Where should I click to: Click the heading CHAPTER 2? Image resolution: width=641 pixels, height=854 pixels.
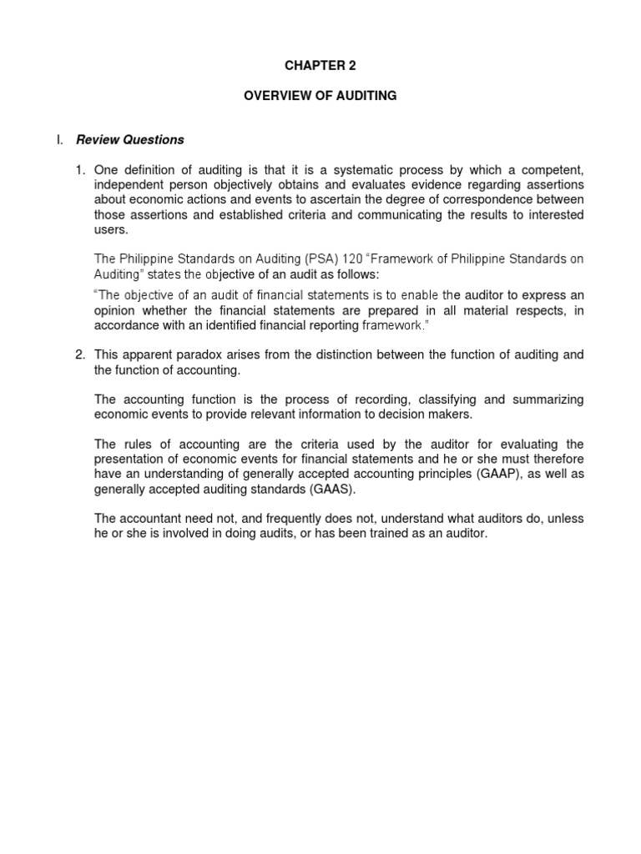(x=320, y=66)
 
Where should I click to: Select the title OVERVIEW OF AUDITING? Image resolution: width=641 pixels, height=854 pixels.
(x=320, y=96)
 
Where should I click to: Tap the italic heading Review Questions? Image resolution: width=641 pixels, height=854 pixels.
(x=130, y=139)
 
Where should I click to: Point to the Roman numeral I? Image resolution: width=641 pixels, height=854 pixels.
(x=58, y=139)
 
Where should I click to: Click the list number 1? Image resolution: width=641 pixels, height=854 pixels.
(x=80, y=169)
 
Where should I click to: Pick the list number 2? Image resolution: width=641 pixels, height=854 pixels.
(x=80, y=355)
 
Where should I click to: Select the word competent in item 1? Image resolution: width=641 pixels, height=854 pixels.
(x=553, y=169)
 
